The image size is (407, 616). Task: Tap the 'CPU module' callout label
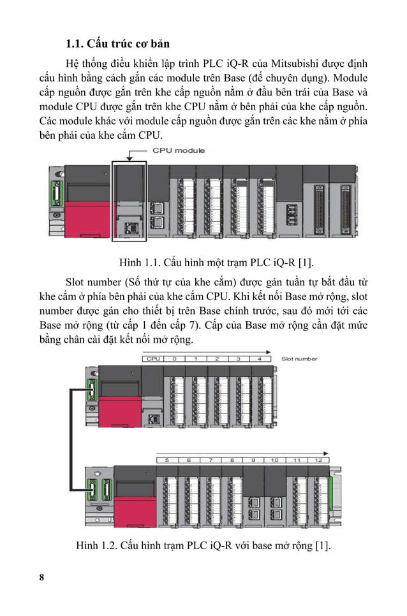click(179, 150)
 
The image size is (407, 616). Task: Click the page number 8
click(42, 577)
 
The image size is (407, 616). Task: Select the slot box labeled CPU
click(153, 359)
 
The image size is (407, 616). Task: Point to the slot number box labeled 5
click(167, 459)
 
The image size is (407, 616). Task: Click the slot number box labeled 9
click(253, 459)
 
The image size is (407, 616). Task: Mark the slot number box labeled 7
click(210, 459)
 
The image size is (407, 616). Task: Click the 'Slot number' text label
click(299, 359)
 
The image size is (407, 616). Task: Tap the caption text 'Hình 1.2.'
click(96, 545)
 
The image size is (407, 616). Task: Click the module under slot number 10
click(275, 497)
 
